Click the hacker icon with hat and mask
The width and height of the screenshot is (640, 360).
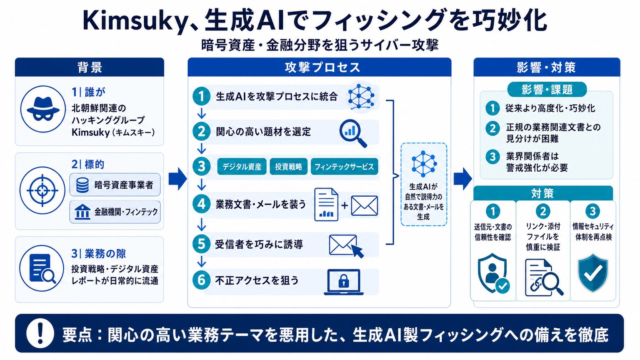click(43, 109)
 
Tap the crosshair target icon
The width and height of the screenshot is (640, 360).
click(42, 190)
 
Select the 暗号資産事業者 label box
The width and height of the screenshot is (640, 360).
click(115, 185)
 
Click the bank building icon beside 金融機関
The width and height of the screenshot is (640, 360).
click(82, 212)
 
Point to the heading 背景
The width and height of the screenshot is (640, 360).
click(90, 68)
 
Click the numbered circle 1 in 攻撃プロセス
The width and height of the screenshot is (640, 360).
click(201, 96)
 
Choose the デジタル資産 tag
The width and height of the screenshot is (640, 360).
click(242, 167)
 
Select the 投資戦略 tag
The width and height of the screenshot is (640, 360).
click(289, 167)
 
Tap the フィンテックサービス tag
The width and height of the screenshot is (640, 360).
click(344, 167)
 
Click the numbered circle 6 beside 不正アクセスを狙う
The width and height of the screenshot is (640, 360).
click(201, 280)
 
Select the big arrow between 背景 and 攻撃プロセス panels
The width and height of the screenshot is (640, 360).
click(178, 179)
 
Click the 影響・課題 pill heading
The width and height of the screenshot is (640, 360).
click(547, 90)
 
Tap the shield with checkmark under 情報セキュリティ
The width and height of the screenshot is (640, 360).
click(593, 273)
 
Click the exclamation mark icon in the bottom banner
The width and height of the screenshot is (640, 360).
click(40, 333)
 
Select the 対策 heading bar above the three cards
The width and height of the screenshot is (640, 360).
click(543, 193)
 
